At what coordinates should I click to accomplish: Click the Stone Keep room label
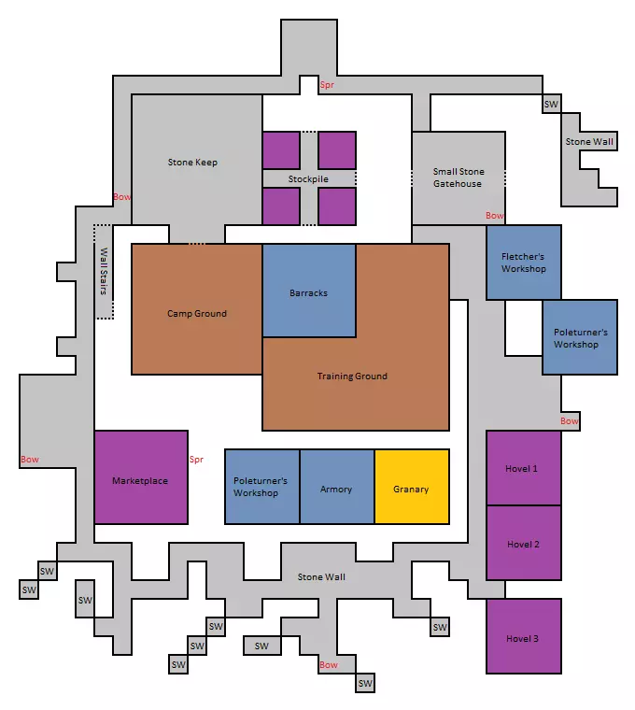pos(192,163)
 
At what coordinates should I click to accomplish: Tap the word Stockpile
pos(308,178)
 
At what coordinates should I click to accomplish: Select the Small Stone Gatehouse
pos(459,177)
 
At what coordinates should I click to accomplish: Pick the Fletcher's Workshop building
pos(524,263)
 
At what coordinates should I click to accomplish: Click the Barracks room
pos(309,291)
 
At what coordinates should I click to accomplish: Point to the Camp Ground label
pos(197,313)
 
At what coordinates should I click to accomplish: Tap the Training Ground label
pos(352,376)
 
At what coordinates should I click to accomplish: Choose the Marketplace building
pos(141,477)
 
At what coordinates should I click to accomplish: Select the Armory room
pos(337,487)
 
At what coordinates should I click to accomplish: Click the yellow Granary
pos(412,487)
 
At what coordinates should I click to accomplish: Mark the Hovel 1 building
pos(524,468)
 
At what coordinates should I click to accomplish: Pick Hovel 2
pos(524,543)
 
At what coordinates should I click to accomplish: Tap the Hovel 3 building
pos(524,636)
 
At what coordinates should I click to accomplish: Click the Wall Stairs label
pos(104,271)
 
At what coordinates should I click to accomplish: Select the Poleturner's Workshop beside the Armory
pos(262,487)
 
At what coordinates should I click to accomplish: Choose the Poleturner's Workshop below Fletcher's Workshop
pos(580,337)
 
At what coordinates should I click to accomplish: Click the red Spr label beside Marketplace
pos(196,459)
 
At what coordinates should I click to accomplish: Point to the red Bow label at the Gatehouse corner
pos(495,216)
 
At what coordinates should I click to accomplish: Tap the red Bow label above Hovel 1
pos(570,420)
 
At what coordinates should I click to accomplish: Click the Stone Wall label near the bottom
pos(321,577)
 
